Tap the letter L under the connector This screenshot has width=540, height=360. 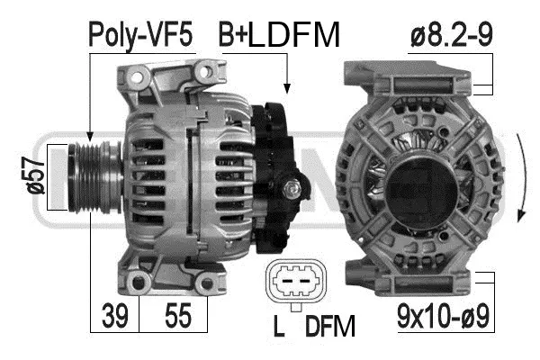[x=280, y=326]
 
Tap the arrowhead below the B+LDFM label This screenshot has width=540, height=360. [x=287, y=88]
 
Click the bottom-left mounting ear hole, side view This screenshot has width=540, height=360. [x=138, y=285]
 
